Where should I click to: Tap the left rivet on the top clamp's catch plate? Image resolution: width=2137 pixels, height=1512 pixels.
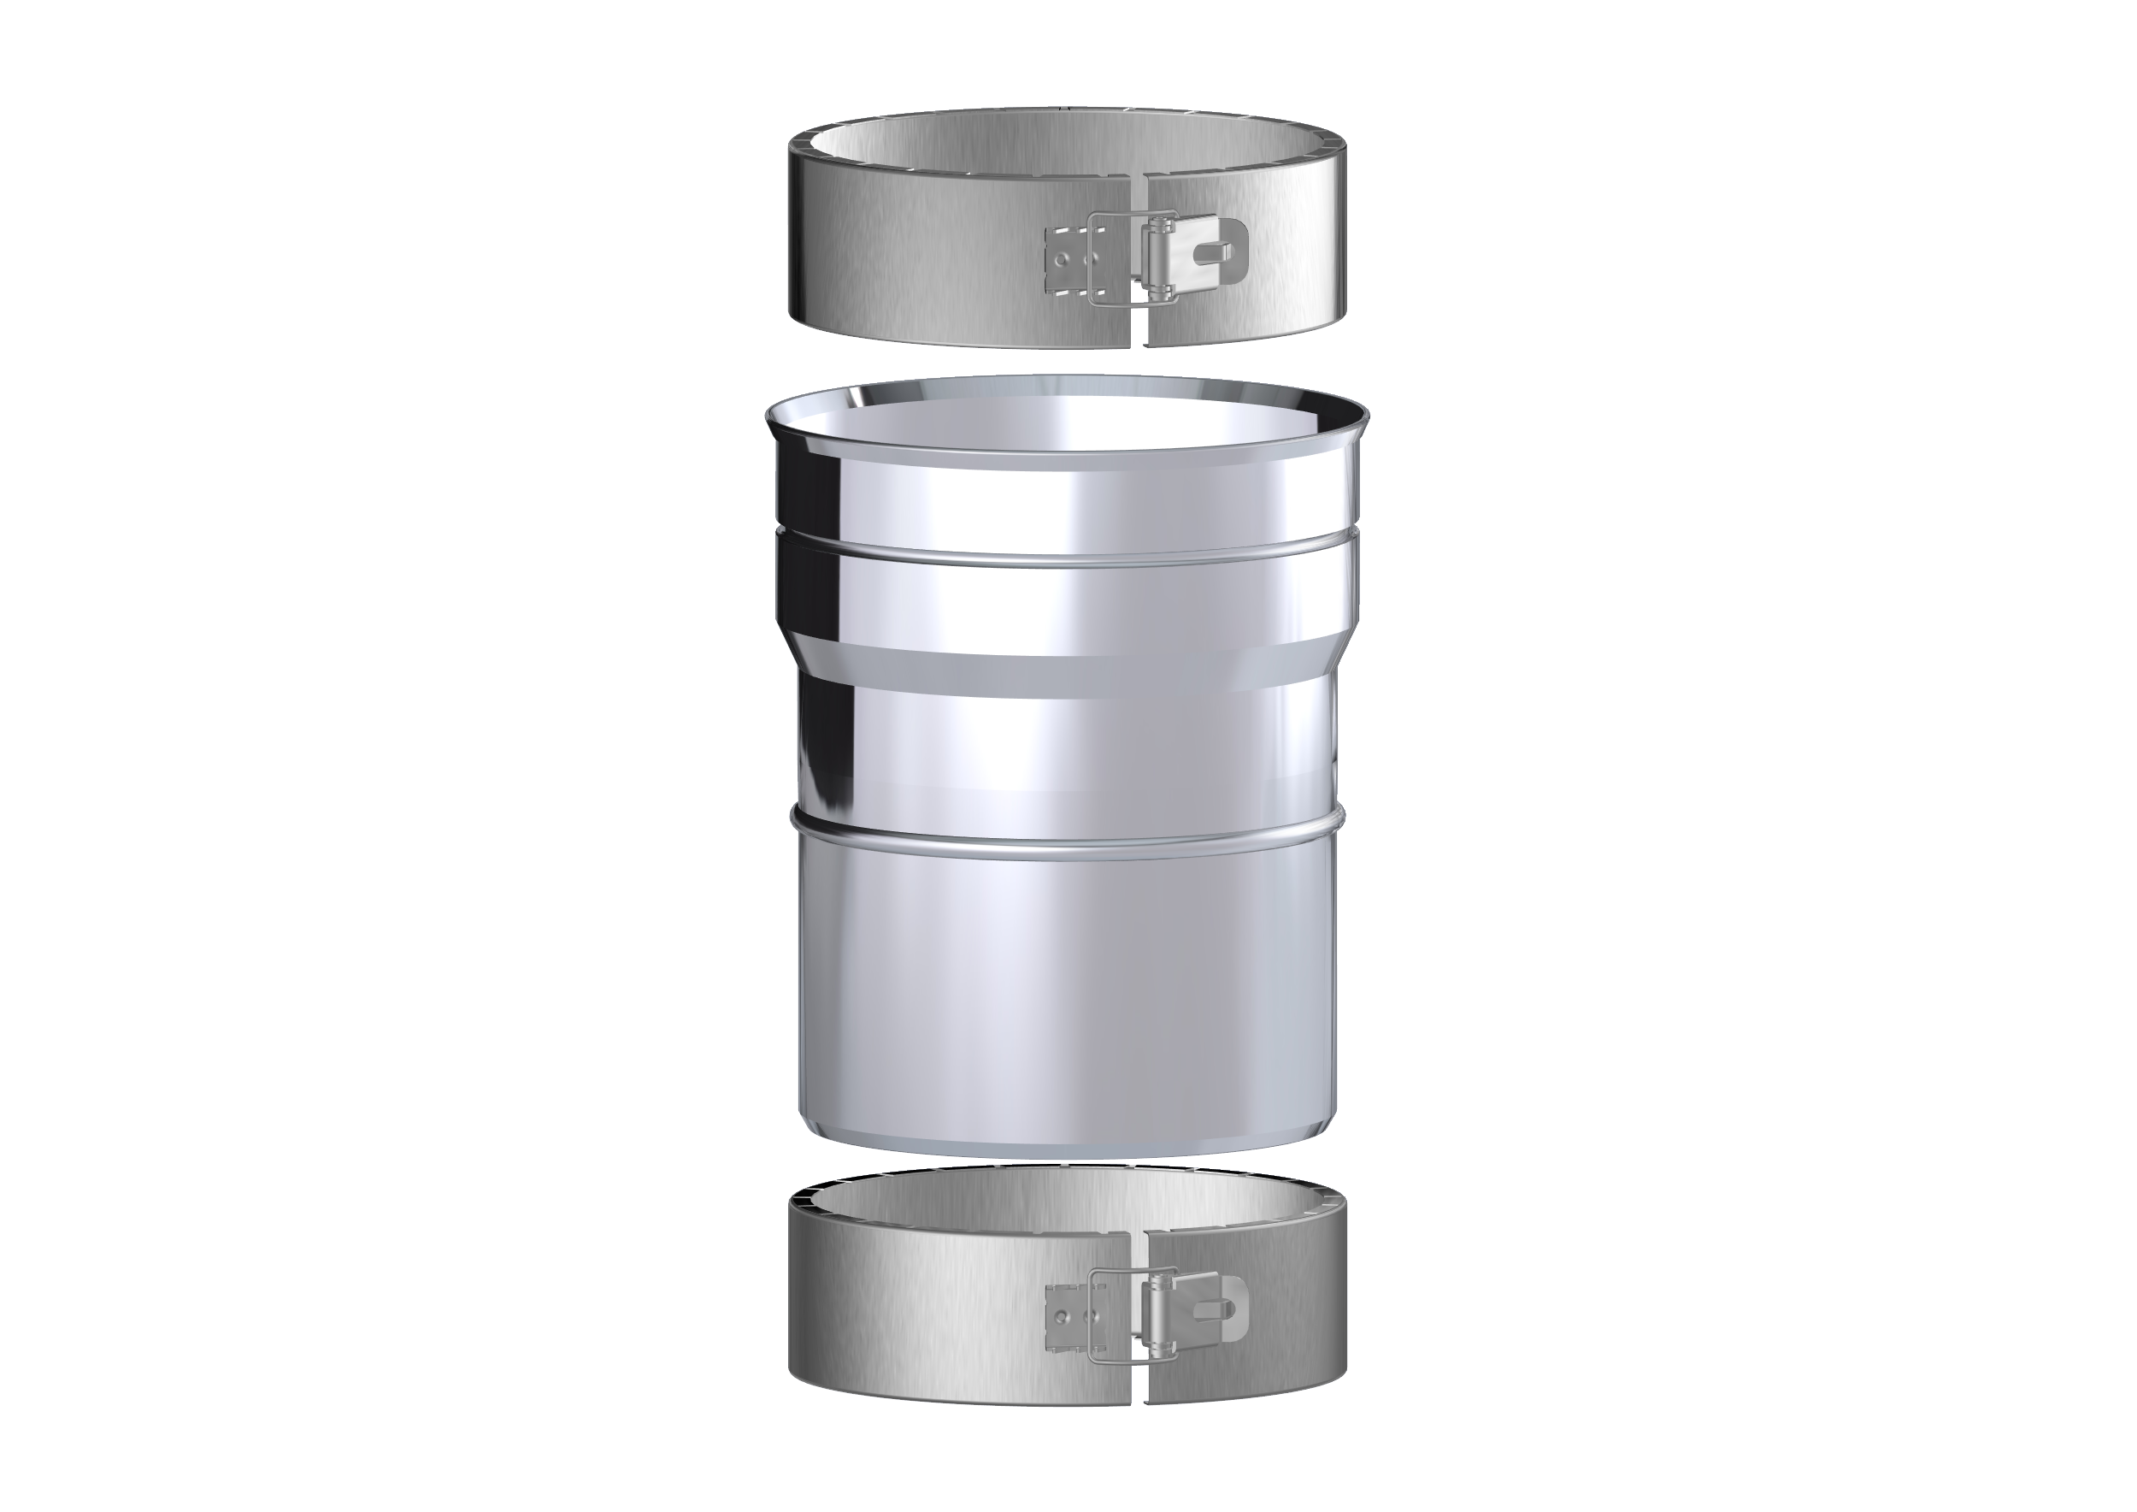click(1062, 261)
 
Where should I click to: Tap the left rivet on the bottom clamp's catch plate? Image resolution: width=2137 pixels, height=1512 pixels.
click(1062, 1317)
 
